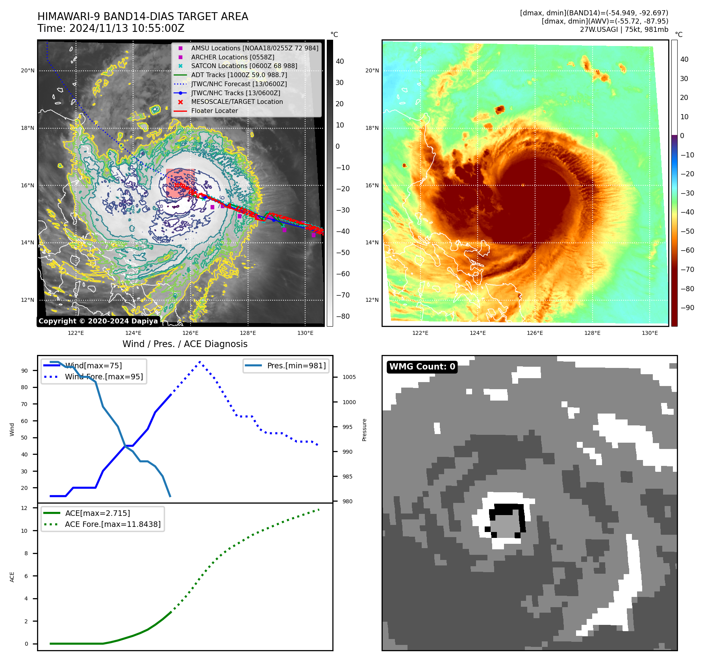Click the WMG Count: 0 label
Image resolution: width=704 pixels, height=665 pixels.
click(x=422, y=367)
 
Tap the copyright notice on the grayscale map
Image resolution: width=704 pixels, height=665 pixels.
click(x=98, y=321)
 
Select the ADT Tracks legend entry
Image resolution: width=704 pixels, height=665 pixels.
click(x=239, y=75)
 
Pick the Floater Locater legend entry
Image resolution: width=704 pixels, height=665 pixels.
click(x=214, y=111)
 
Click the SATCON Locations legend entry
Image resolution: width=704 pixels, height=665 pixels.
click(x=244, y=66)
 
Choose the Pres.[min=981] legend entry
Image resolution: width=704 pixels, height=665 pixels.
click(x=296, y=366)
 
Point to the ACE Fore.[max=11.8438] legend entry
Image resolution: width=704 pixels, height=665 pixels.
click(x=113, y=524)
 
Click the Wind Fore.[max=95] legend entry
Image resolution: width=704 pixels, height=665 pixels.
click(x=104, y=377)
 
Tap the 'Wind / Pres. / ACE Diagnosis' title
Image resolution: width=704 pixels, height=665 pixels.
click(x=185, y=344)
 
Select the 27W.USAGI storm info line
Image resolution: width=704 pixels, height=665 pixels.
click(x=624, y=30)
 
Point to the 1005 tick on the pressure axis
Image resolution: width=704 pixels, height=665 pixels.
click(x=349, y=377)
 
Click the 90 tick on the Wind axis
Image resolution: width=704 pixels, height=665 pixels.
click(x=25, y=371)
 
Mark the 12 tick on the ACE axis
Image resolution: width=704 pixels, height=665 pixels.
click(x=24, y=508)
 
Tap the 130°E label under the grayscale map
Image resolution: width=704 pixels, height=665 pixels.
click(x=305, y=333)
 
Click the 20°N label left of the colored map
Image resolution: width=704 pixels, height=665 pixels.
click(x=372, y=71)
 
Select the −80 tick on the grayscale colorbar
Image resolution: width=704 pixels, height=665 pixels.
click(x=343, y=316)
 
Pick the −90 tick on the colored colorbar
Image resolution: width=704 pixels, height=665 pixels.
click(x=687, y=308)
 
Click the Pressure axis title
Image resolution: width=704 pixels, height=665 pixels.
click(x=365, y=430)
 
